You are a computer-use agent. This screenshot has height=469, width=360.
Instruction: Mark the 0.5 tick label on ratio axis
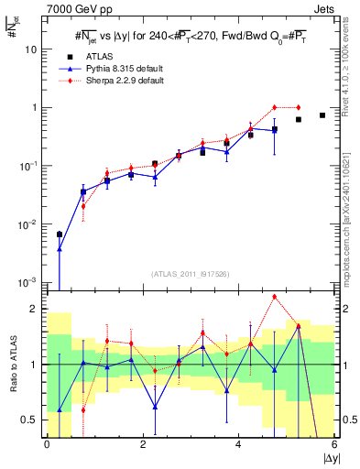31,420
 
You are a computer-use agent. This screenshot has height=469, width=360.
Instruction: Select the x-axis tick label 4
238,444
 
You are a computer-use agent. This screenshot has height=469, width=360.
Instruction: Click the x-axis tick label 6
334,444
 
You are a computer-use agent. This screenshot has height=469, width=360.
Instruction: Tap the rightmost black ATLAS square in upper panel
322,115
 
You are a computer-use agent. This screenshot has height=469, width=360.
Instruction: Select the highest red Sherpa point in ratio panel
274,297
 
